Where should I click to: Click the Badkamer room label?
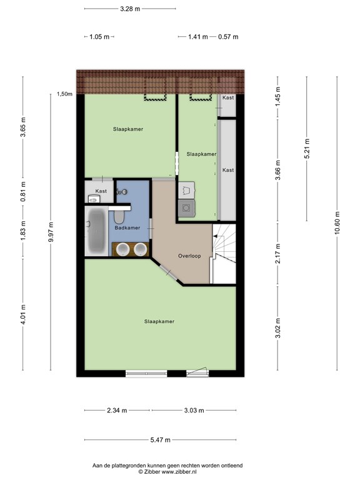pos(127,227)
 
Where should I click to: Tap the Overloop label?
pos(189,256)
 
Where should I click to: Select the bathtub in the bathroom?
pos(96,231)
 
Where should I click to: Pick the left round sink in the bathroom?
pos(122,249)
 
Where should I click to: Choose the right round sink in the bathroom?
pos(140,249)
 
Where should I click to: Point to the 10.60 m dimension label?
pos(337,223)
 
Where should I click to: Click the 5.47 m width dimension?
pos(161,440)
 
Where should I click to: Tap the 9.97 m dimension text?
pos(51,232)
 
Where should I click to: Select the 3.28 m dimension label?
pos(130,9)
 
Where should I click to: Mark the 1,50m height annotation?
pos(64,94)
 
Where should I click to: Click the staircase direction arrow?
pos(216,236)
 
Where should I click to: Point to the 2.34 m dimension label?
pos(117,410)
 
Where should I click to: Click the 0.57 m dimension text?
pos(228,37)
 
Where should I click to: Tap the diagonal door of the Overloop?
pos(169,272)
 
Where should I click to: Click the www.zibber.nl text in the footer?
pos(179,472)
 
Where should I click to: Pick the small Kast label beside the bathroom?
pos(101,191)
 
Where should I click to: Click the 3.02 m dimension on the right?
pos(277,328)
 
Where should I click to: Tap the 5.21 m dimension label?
pos(307,149)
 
